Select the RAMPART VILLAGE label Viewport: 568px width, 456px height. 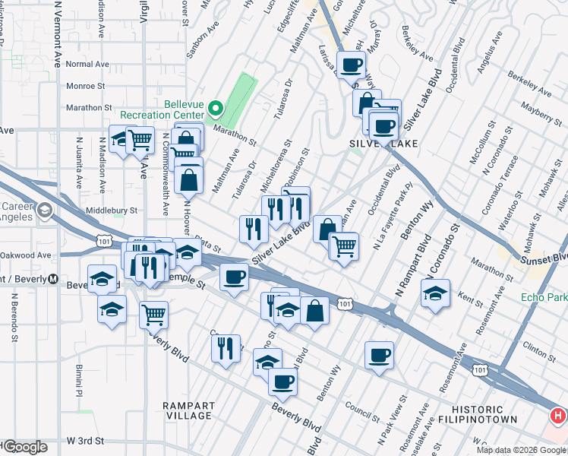(x=188, y=410)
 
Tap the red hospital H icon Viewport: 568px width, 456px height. (x=558, y=416)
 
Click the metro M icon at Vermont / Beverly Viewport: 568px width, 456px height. (x=53, y=278)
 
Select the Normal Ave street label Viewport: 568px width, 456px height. (x=89, y=65)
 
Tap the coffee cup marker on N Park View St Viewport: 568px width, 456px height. (x=379, y=355)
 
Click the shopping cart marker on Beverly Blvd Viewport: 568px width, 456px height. (x=153, y=313)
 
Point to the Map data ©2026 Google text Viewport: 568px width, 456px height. (x=521, y=450)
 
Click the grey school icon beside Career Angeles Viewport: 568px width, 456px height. (x=45, y=210)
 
